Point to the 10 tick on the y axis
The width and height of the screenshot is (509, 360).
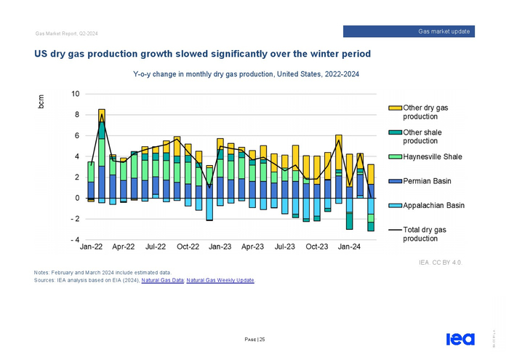[x=76, y=94]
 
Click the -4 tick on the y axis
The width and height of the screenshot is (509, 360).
[x=74, y=240]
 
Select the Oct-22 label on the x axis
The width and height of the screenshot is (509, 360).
[x=188, y=247]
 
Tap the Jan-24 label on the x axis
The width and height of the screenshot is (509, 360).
[x=348, y=247]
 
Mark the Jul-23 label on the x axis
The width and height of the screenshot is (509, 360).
[x=284, y=247]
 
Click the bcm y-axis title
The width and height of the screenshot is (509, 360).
[x=41, y=103]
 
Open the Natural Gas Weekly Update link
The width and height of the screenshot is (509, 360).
[x=220, y=280]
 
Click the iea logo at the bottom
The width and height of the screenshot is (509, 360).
[x=460, y=339]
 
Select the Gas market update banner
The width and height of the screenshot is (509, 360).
[x=409, y=31]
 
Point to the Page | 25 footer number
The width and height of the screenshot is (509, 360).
[x=254, y=340]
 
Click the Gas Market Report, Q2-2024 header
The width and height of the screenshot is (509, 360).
[x=66, y=34]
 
